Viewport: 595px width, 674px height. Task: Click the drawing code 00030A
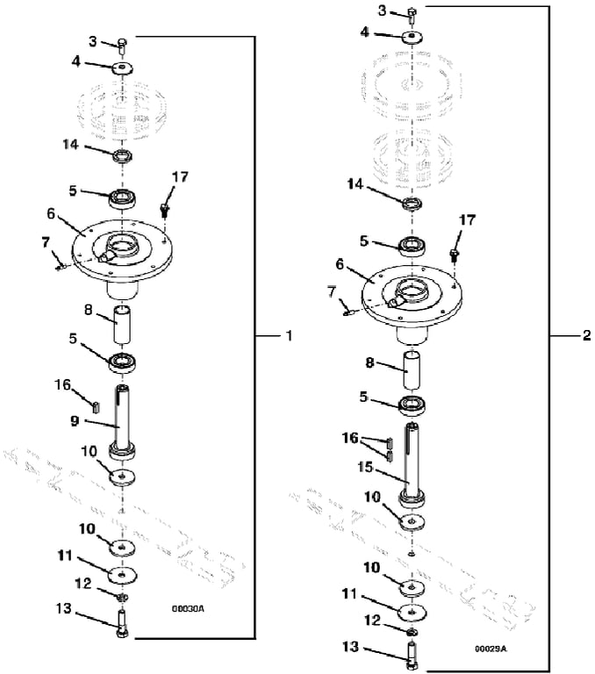pos(188,609)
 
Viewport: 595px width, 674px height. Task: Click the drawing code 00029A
pos(491,649)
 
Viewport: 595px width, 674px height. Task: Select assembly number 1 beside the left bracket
pos(290,335)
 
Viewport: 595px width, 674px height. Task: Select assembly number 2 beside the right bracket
pos(586,335)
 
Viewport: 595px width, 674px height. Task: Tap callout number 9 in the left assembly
pos(75,420)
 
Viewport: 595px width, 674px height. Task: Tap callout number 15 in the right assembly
pos(365,467)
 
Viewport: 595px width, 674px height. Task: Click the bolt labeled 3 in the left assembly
pos(122,46)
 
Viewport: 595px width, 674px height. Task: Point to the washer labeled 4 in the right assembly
pos(412,37)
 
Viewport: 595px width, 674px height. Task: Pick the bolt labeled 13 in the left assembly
pos(122,625)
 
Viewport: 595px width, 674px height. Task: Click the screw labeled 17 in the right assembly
pos(455,254)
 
